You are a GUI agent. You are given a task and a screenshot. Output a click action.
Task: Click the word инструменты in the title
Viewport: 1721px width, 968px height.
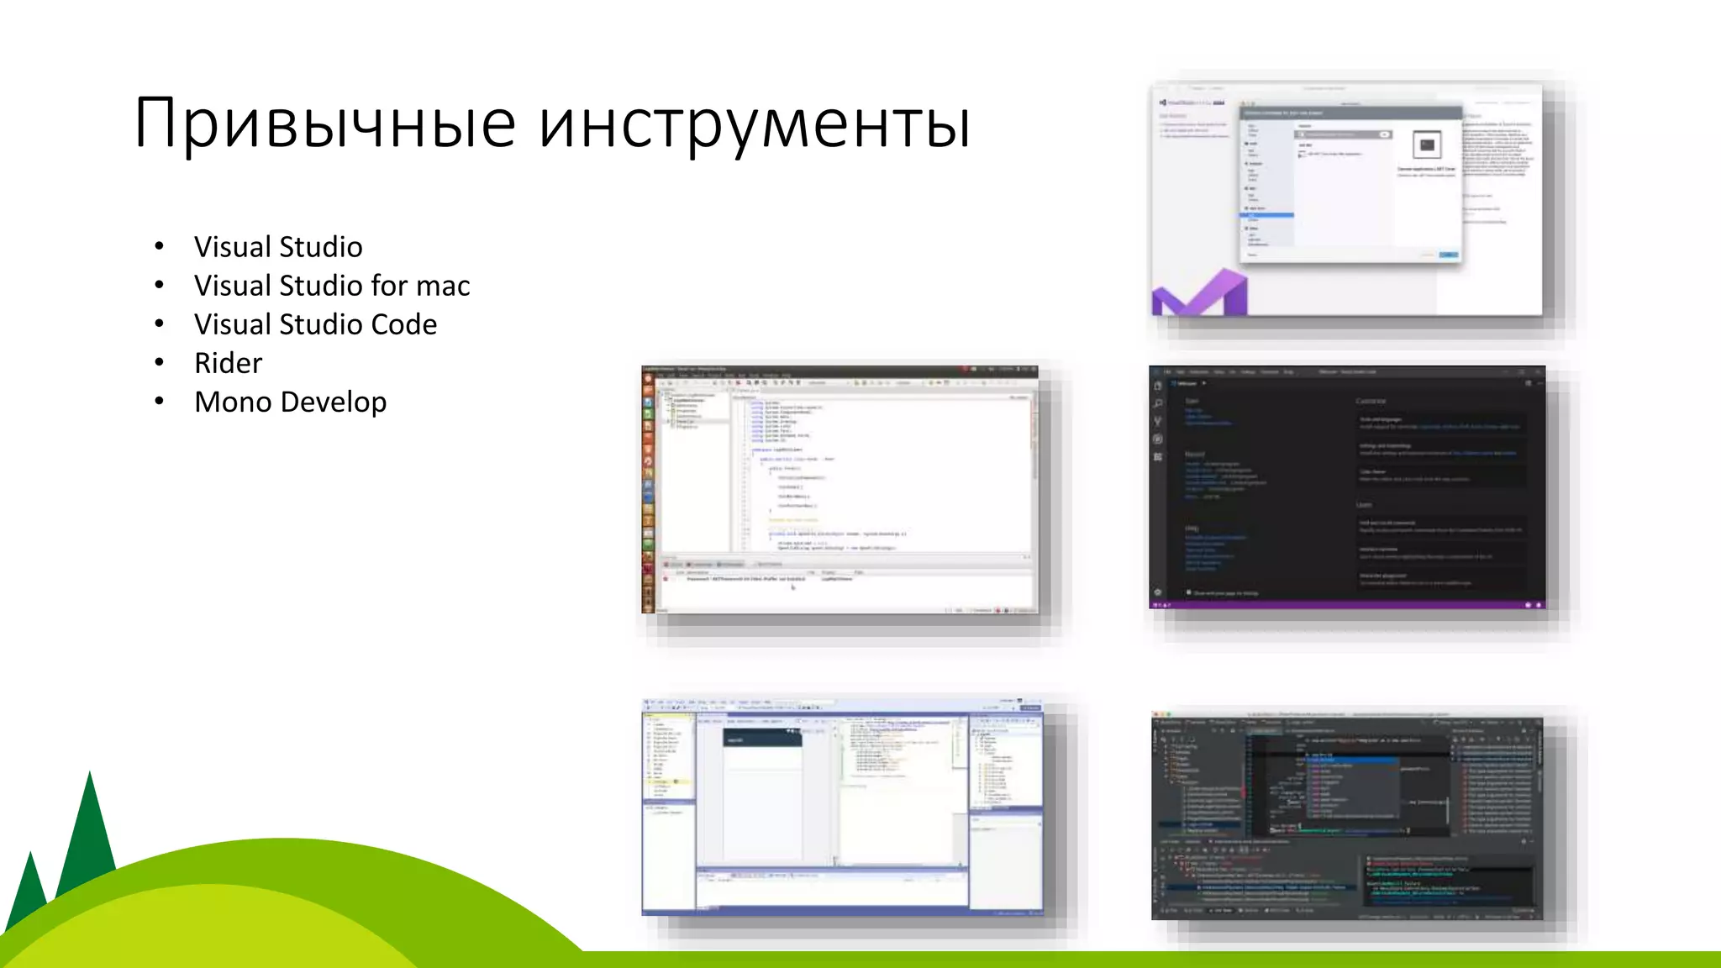pyautogui.click(x=754, y=124)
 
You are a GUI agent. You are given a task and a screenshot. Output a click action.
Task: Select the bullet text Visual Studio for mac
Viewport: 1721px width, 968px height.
pyautogui.click(x=332, y=286)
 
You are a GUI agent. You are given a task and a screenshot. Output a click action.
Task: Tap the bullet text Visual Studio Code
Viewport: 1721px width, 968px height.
pyautogui.click(x=315, y=324)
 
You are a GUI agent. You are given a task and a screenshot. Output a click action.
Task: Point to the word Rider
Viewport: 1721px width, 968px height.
pyautogui.click(x=228, y=363)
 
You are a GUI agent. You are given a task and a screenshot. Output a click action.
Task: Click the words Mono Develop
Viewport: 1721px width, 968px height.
pyautogui.click(x=290, y=402)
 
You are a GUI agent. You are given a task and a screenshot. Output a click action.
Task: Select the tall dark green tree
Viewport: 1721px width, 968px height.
pyautogui.click(x=89, y=832)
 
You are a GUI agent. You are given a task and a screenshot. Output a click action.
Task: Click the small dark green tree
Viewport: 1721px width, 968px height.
pyautogui.click(x=30, y=891)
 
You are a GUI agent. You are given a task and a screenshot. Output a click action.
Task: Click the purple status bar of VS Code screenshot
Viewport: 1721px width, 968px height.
pyautogui.click(x=1345, y=604)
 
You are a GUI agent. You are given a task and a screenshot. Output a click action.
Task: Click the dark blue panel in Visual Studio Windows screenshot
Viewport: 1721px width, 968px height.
pyautogui.click(x=762, y=738)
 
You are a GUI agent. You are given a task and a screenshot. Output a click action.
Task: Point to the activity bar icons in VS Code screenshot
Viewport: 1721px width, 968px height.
pyautogui.click(x=1158, y=420)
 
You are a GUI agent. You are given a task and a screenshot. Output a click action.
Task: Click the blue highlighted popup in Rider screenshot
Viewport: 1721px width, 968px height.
pyautogui.click(x=1353, y=760)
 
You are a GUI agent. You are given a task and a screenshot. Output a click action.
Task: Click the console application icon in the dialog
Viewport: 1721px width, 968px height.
pyautogui.click(x=1427, y=145)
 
